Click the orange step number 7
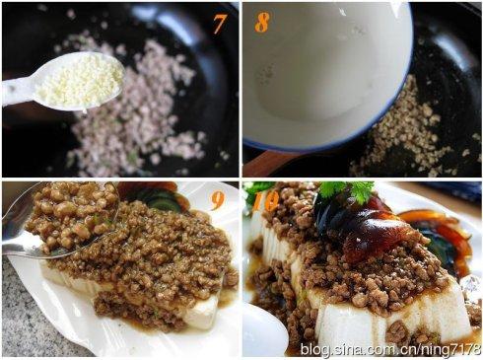pyautogui.click(x=220, y=23)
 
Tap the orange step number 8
pyautogui.click(x=262, y=22)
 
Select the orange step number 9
pyautogui.click(x=218, y=199)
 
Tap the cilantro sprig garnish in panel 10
pyautogui.click(x=348, y=190)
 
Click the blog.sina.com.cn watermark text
pyautogui.click(x=390, y=349)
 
